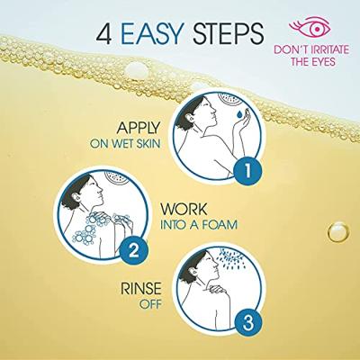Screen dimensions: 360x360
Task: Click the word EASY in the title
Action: tap(152, 33)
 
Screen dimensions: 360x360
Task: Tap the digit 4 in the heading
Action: tap(106, 33)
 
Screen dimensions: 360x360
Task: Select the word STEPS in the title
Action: tap(228, 33)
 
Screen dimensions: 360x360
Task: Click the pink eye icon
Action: tap(310, 28)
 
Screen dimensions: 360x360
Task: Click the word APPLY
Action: tap(139, 128)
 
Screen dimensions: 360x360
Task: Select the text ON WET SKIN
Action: tap(125, 144)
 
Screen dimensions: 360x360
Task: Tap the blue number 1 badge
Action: tap(247, 171)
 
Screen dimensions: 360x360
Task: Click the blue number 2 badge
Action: tap(133, 249)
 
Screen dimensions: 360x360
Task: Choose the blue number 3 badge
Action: tap(247, 323)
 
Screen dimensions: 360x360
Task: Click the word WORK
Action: tap(184, 209)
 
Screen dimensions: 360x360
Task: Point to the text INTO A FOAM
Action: tap(199, 225)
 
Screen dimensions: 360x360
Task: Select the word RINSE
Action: tap(141, 289)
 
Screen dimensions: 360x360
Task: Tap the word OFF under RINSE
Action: tap(150, 304)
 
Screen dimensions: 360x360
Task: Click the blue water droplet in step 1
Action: tap(239, 114)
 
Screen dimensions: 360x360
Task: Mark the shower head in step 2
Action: tap(116, 178)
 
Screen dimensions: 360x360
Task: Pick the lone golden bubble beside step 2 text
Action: tap(338, 232)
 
